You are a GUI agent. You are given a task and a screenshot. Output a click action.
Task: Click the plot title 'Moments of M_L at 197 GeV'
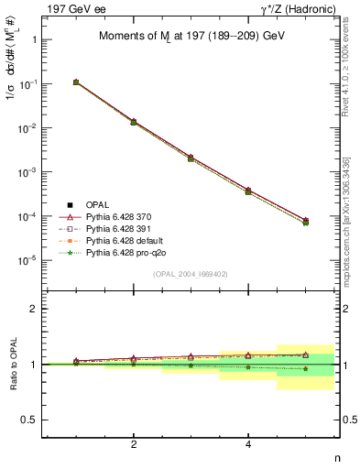[x=190, y=36]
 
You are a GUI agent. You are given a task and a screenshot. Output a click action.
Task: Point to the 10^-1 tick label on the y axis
[x=30, y=84]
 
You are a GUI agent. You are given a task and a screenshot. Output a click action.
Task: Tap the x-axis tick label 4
[x=248, y=445]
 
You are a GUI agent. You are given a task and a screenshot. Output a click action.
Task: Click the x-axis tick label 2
[x=134, y=445]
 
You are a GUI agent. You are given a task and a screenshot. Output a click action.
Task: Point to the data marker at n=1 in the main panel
[x=76, y=82]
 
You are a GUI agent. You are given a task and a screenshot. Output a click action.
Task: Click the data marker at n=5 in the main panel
[x=305, y=222]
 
